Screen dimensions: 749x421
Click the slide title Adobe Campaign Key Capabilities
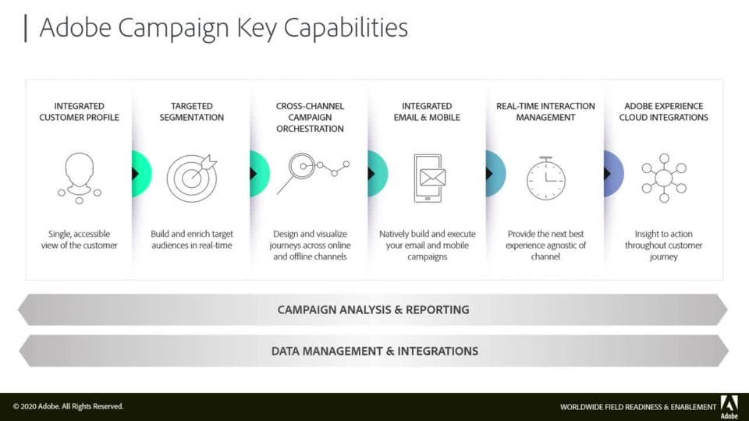(x=224, y=28)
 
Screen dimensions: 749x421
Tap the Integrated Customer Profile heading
(x=80, y=111)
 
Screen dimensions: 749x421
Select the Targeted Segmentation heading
(x=192, y=111)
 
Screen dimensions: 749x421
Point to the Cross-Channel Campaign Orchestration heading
(x=310, y=118)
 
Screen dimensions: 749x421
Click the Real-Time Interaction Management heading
(x=545, y=111)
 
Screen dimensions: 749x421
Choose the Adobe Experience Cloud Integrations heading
(x=663, y=111)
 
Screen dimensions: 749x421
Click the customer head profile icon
(x=80, y=178)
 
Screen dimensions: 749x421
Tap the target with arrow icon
(x=192, y=178)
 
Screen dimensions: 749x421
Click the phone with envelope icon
(x=429, y=178)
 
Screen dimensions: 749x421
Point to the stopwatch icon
(x=546, y=178)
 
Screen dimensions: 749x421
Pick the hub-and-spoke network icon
(x=664, y=178)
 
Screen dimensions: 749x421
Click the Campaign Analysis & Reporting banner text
(x=374, y=310)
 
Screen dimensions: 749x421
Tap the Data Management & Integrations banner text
(x=374, y=352)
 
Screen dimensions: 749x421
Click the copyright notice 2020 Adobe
(x=68, y=407)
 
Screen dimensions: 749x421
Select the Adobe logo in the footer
(x=729, y=407)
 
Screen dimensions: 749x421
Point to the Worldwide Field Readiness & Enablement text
(x=638, y=407)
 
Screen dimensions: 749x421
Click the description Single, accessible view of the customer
(x=80, y=239)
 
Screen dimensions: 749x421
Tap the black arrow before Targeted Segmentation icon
(x=135, y=174)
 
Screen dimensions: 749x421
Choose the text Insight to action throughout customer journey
(x=663, y=246)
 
